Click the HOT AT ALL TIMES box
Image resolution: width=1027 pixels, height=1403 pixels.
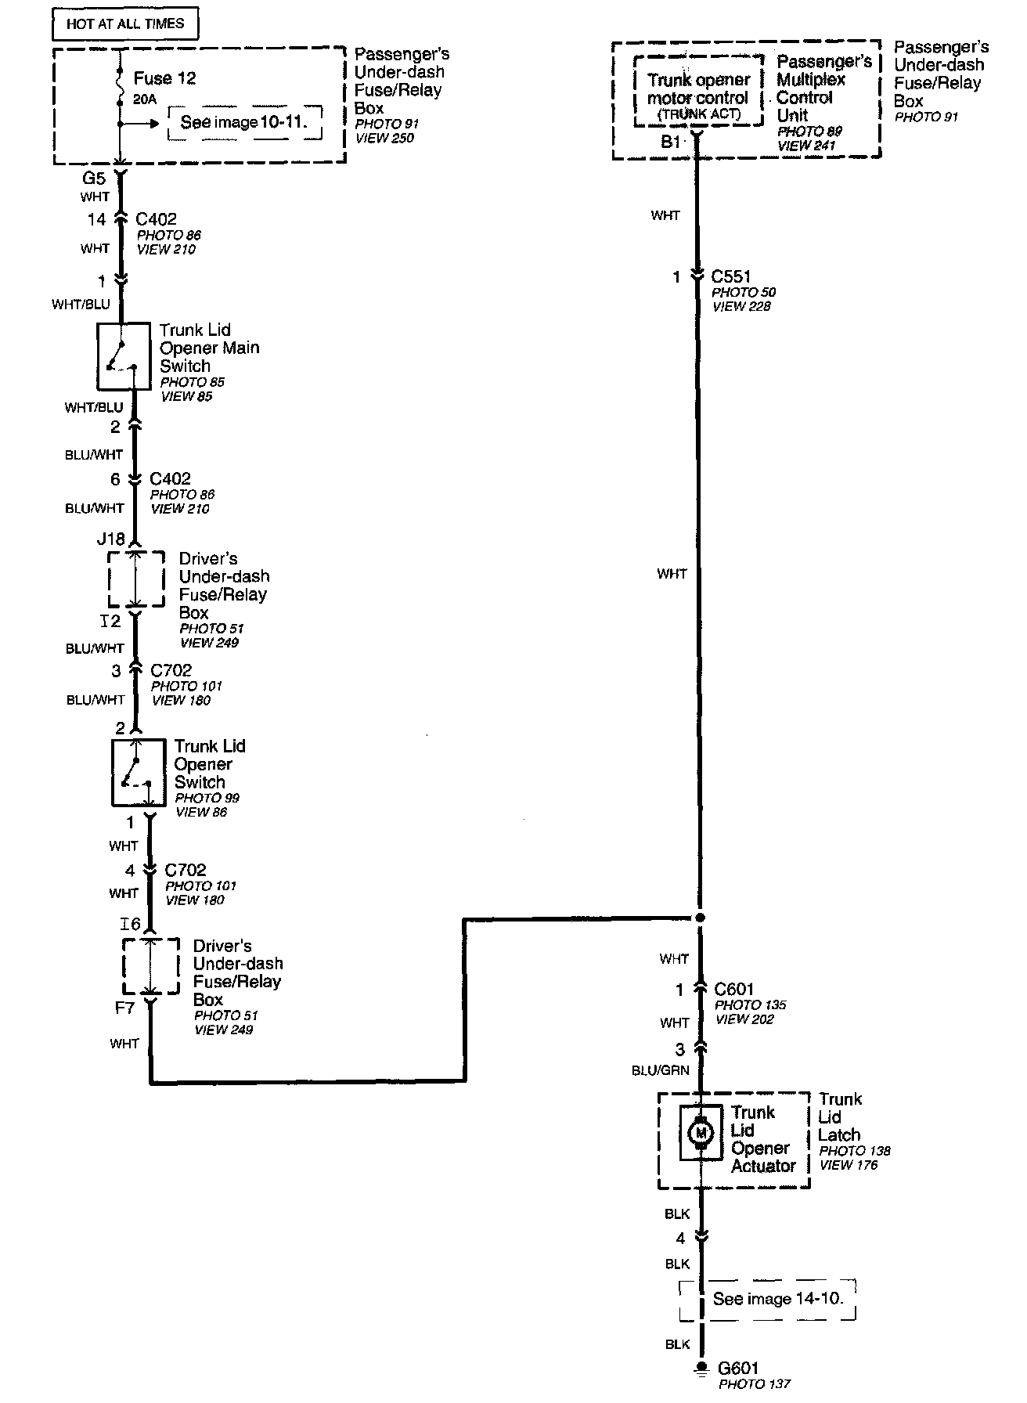[x=124, y=24]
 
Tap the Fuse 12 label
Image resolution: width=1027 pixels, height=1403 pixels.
[x=164, y=78]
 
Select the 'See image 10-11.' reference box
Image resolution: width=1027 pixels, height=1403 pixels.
[x=245, y=123]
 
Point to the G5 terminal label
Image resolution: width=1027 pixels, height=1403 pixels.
[x=95, y=179]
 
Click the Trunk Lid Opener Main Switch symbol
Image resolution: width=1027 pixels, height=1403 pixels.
[x=123, y=356]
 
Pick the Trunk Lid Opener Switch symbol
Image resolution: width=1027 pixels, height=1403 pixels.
[x=138, y=773]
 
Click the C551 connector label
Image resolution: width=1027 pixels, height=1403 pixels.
[x=731, y=276]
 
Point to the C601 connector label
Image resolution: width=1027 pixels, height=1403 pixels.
[x=734, y=990]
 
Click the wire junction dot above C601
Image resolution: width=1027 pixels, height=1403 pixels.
[x=700, y=918]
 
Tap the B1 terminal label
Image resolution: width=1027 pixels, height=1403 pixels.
[x=671, y=142]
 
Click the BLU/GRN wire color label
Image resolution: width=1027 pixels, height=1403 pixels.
[x=661, y=1070]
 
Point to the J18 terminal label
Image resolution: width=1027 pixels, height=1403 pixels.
[x=110, y=539]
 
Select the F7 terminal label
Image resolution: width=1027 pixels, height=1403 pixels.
[x=125, y=1008]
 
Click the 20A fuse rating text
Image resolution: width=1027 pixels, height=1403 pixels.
[x=145, y=99]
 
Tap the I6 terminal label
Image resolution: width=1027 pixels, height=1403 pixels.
[x=130, y=925]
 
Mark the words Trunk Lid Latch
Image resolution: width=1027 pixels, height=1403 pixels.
[x=839, y=1117]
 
